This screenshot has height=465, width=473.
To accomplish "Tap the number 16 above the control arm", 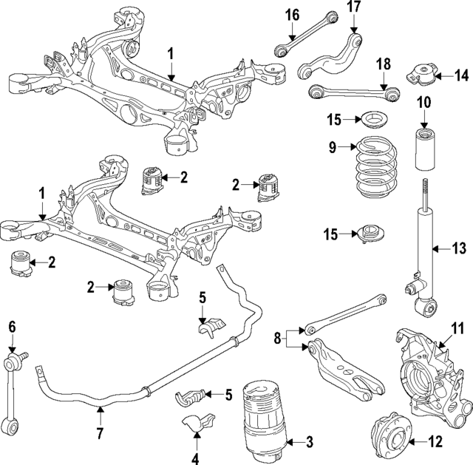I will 293,14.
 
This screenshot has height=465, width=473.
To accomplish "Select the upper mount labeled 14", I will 423,75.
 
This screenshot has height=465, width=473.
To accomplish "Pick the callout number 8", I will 276,339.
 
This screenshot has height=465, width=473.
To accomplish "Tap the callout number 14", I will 462,75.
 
